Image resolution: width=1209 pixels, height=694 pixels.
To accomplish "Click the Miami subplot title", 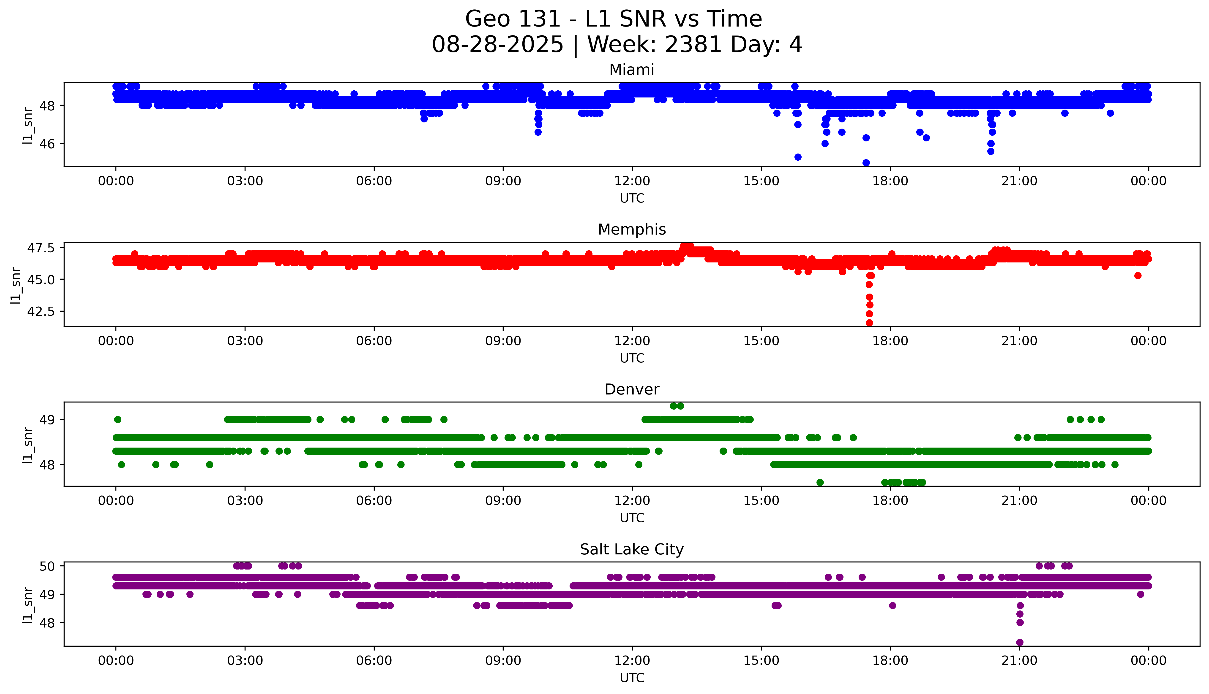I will pos(631,70).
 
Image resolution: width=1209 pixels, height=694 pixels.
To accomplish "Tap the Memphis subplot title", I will pos(631,230).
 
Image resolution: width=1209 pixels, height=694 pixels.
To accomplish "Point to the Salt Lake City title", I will pos(631,550).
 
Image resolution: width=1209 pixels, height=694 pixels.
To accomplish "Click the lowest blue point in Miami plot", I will pos(866,162).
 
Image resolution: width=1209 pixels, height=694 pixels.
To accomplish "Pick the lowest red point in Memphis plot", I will pos(869,323).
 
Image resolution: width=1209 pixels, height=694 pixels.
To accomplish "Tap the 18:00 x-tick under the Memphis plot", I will pos(890,341).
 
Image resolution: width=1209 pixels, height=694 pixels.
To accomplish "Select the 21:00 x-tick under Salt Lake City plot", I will pos(1019,661).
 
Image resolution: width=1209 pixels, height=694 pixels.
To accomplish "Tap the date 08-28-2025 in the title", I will pos(497,45).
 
